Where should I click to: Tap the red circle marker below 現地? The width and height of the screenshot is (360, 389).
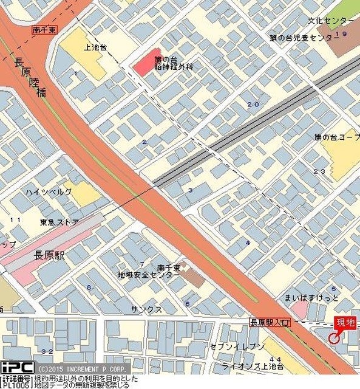(334, 338)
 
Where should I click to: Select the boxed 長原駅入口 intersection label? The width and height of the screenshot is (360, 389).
(270, 323)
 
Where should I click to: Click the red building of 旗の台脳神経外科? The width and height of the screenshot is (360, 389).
(147, 61)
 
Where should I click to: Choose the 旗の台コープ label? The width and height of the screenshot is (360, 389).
(338, 138)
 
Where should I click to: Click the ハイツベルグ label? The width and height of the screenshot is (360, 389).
(49, 192)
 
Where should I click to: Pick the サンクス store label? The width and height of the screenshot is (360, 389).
(146, 309)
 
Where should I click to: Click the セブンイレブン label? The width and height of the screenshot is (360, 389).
(237, 346)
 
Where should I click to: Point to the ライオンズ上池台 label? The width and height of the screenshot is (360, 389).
(253, 366)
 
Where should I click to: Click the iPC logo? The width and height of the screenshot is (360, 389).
(16, 367)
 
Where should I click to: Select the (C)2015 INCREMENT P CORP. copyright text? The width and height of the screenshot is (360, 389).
(82, 369)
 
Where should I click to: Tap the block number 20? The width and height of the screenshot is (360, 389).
(253, 105)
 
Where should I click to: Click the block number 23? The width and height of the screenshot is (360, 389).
(319, 171)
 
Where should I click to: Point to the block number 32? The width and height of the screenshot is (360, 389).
(47, 351)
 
